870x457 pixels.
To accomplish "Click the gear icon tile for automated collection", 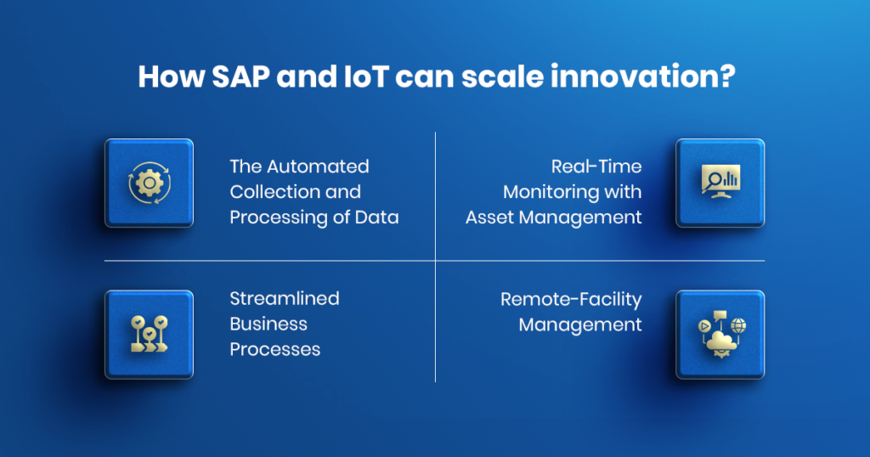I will tap(149, 183).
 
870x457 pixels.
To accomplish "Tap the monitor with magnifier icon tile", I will tap(720, 183).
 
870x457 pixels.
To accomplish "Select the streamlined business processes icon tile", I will tap(149, 334).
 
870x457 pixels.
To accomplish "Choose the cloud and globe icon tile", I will tap(720, 334).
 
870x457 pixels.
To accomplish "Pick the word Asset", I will tap(490, 217).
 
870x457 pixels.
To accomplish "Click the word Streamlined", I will tap(285, 299).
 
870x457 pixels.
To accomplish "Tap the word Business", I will tap(268, 324).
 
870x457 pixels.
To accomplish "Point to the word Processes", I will tap(274, 350).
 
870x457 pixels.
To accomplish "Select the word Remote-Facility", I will tap(571, 299).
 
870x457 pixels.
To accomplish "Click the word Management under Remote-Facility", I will tap(580, 324).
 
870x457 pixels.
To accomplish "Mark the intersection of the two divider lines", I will tap(435, 260).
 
